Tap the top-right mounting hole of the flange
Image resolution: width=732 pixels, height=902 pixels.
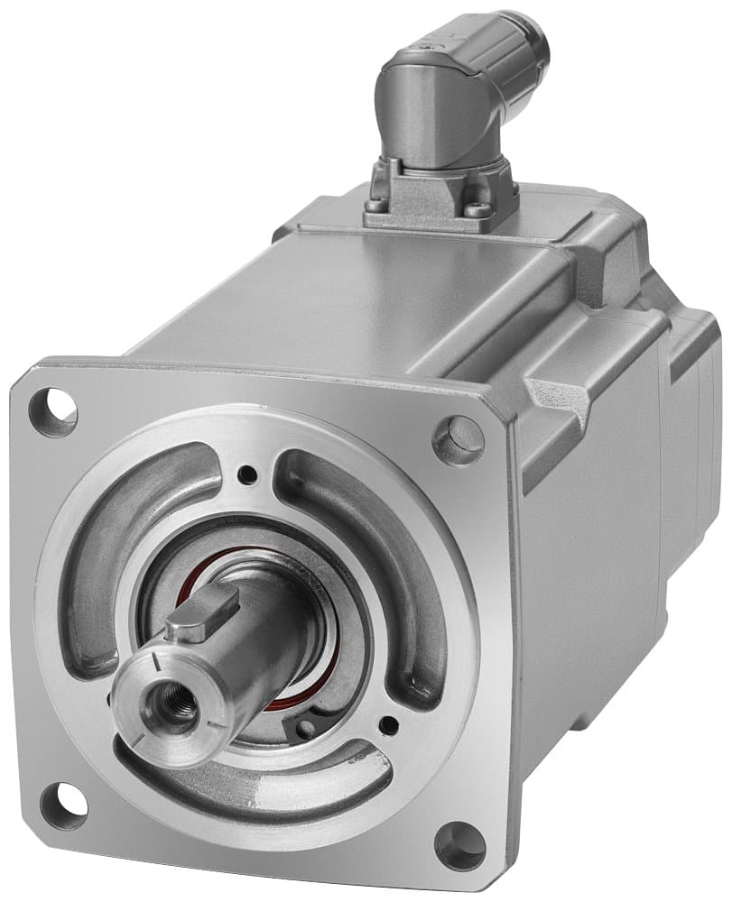tap(459, 439)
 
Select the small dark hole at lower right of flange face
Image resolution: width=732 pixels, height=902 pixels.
tap(388, 723)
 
